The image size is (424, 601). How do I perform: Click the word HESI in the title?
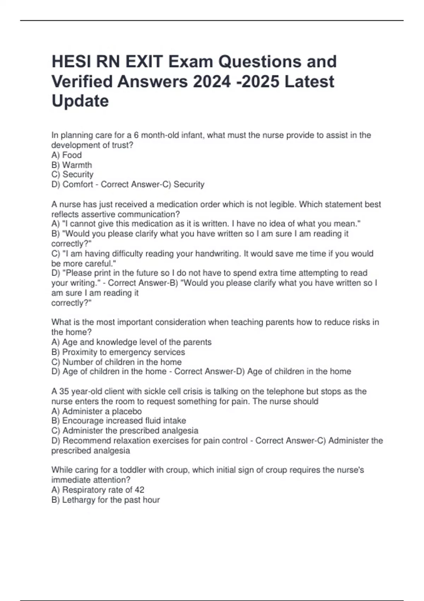pyautogui.click(x=69, y=62)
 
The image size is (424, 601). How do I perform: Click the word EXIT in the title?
pyautogui.click(x=143, y=62)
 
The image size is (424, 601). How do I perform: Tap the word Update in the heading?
pyautogui.click(x=80, y=101)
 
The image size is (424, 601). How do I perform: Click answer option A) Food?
pyautogui.click(x=66, y=155)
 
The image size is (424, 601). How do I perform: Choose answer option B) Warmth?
pyautogui.click(x=72, y=165)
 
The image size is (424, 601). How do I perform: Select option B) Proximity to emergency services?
pyautogui.click(x=118, y=352)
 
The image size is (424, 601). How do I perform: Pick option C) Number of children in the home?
pyautogui.click(x=116, y=362)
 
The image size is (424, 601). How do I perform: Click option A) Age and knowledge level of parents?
pyautogui.click(x=131, y=342)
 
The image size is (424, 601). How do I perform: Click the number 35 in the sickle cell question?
pyautogui.click(x=64, y=391)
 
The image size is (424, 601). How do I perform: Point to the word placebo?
pyautogui.click(x=127, y=411)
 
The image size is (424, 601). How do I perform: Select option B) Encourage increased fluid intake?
pyautogui.click(x=118, y=421)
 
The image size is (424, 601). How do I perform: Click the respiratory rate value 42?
pyautogui.click(x=139, y=490)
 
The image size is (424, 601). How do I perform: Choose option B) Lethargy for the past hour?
pyautogui.click(x=105, y=500)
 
